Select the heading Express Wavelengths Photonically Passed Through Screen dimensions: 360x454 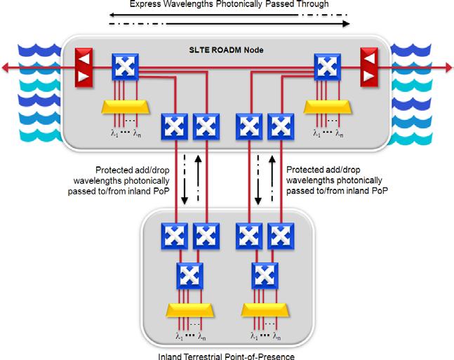tap(229, 5)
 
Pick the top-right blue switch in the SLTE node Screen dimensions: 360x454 tap(326, 67)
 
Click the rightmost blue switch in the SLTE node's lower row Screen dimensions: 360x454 tap(281, 127)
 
